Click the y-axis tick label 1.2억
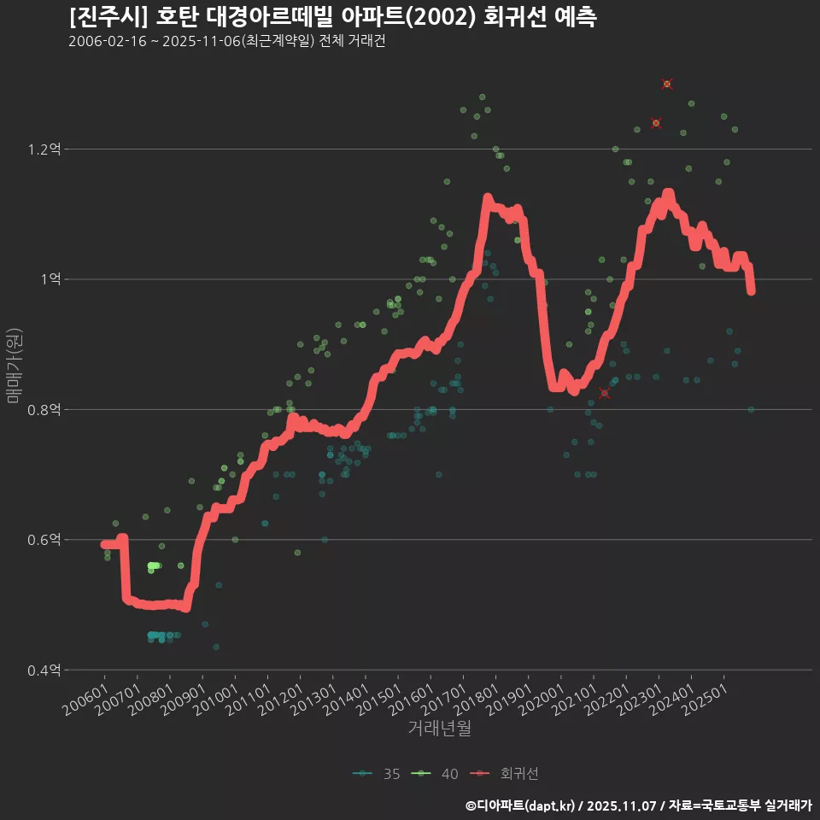pyautogui.click(x=44, y=149)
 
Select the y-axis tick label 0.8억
pyautogui.click(x=44, y=410)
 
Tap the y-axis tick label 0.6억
pyautogui.click(x=44, y=540)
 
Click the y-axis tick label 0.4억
pyautogui.click(x=44, y=671)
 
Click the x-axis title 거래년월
pyautogui.click(x=439, y=728)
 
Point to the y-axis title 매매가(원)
pyautogui.click(x=14, y=365)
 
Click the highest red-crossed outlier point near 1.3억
pyautogui.click(x=667, y=84)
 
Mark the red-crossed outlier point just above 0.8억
pyautogui.click(x=605, y=393)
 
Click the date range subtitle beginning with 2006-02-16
pyautogui.click(x=226, y=42)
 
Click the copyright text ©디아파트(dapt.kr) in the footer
pyautogui.click(x=521, y=805)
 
